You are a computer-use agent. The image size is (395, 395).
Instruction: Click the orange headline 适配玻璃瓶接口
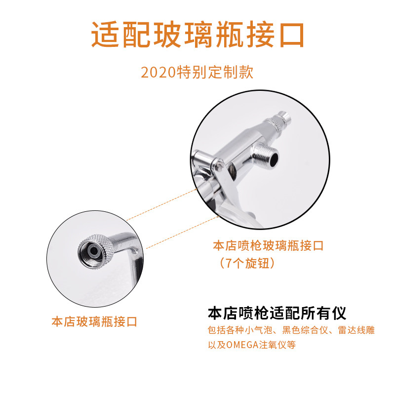click(197, 35)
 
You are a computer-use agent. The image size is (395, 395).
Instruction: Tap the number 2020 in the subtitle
click(158, 72)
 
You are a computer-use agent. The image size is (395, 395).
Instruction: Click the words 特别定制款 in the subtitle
click(215, 72)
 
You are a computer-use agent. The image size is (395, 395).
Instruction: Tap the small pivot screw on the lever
click(219, 164)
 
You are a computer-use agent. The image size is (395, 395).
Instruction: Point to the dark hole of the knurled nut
click(93, 251)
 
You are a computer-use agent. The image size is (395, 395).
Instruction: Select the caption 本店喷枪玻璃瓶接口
click(268, 245)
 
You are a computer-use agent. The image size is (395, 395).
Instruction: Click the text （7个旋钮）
click(247, 263)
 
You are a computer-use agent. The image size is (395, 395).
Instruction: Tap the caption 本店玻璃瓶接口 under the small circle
click(94, 322)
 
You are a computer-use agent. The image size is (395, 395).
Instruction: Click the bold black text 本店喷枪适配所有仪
click(277, 313)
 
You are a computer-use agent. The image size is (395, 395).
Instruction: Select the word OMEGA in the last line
click(242, 345)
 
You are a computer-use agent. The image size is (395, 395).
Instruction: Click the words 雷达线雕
click(356, 330)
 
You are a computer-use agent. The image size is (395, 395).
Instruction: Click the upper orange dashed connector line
click(162, 204)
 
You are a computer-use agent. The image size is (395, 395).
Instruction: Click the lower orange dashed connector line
click(183, 232)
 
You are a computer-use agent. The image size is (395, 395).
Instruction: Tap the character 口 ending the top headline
click(291, 35)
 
